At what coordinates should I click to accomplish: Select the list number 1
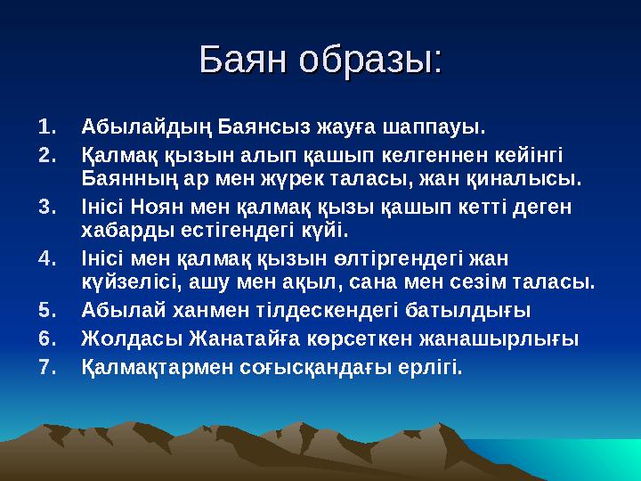[49, 122]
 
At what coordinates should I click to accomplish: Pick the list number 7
[49, 367]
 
